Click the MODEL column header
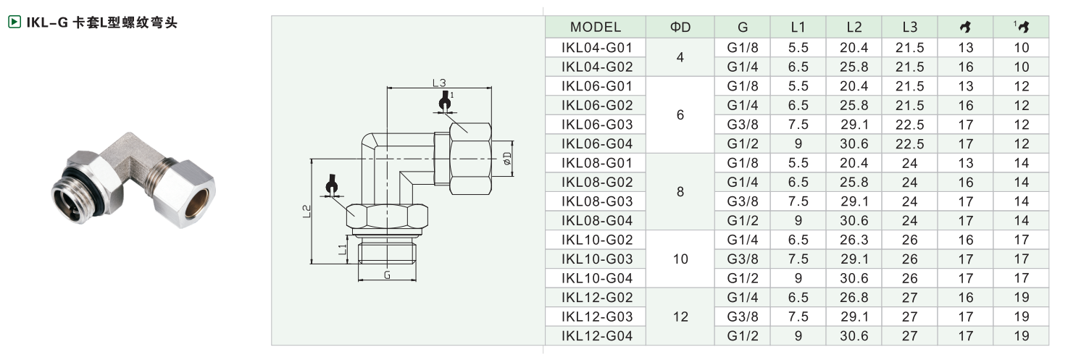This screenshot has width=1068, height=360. click(x=596, y=28)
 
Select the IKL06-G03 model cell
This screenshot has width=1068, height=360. click(x=596, y=125)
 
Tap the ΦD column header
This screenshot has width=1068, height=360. click(x=680, y=28)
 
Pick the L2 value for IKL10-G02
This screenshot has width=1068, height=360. click(x=854, y=240)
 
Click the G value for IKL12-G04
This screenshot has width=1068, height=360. click(x=743, y=335)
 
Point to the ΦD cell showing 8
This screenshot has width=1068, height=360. click(x=680, y=192)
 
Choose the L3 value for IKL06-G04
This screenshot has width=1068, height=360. click(x=910, y=144)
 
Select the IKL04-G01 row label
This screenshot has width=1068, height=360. click(x=596, y=48)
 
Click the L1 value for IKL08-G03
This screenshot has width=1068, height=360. click(x=798, y=201)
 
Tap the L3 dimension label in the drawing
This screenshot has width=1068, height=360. click(x=438, y=83)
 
